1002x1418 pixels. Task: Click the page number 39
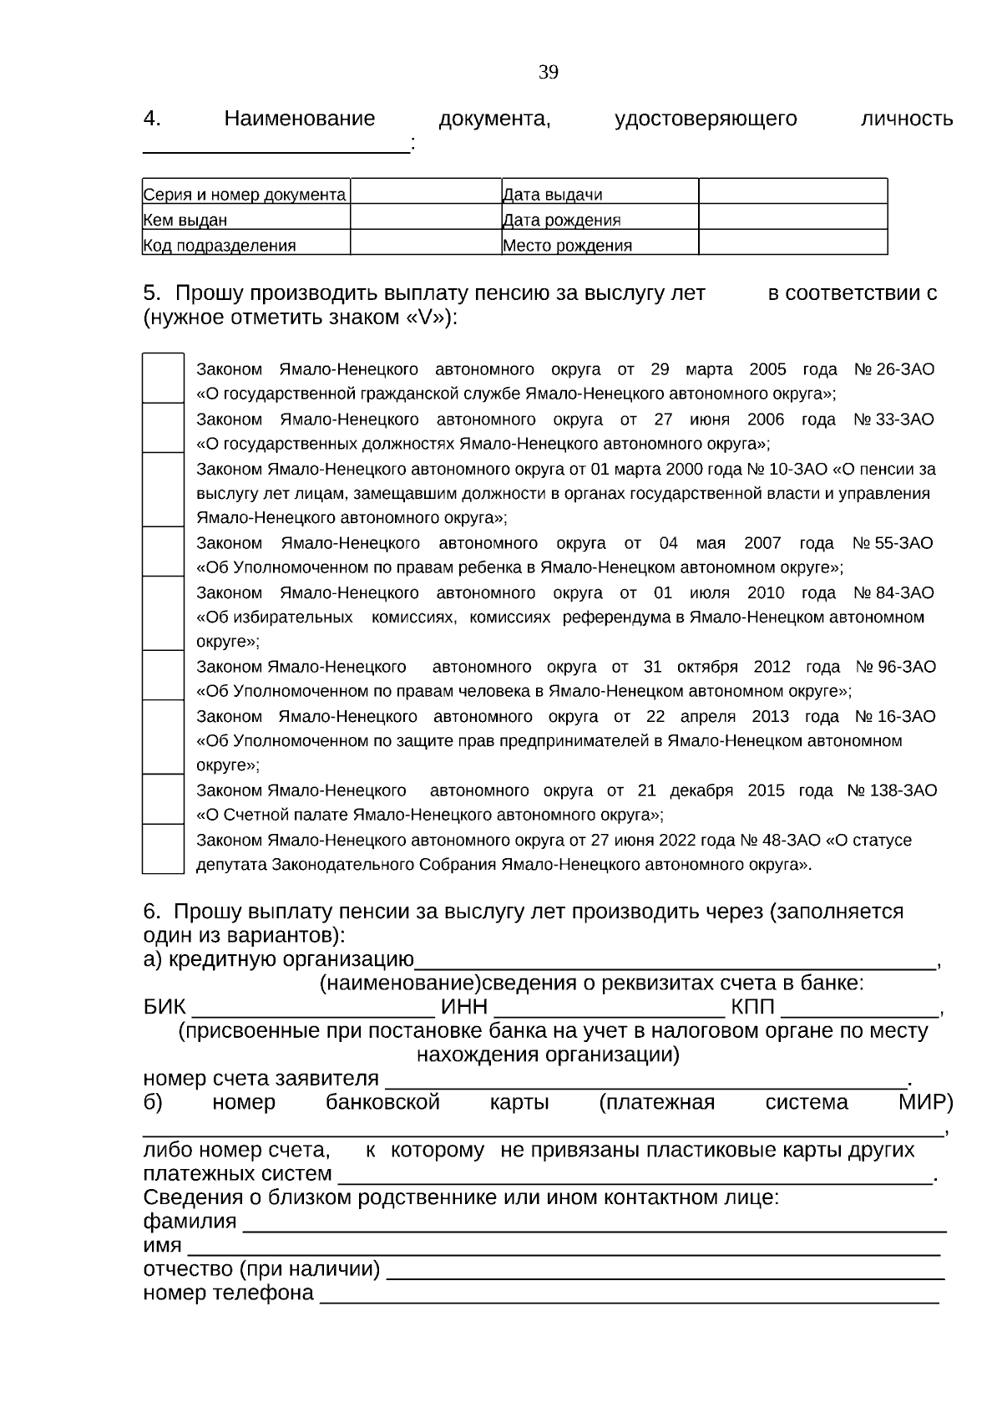coord(549,73)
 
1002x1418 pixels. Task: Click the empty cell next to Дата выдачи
coord(792,191)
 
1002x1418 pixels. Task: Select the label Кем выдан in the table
coord(185,221)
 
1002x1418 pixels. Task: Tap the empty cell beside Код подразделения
coord(425,242)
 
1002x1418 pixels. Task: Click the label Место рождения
coord(567,246)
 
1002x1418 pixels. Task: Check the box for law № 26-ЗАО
coord(163,379)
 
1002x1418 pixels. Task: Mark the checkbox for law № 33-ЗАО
coord(163,429)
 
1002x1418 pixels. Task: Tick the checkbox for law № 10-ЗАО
coord(163,490)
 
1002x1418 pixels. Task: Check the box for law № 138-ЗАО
coord(163,800)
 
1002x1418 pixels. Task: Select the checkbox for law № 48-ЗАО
coord(163,849)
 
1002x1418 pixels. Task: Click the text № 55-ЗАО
coord(893,543)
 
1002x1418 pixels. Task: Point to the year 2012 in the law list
coord(772,667)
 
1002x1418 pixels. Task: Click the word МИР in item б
coord(925,1102)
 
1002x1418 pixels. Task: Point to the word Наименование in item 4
coord(300,119)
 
